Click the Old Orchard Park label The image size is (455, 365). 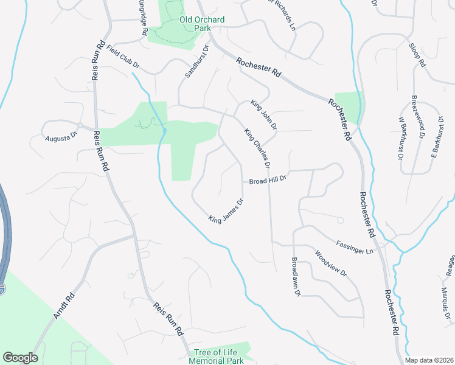click(202, 24)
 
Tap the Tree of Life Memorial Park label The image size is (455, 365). click(216, 356)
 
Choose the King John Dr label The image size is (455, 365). click(265, 116)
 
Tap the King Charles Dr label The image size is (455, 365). click(257, 148)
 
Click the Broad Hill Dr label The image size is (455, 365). click(267, 181)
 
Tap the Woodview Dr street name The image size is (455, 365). click(330, 263)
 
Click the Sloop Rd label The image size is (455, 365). click(417, 55)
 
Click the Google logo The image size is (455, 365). click(20, 358)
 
